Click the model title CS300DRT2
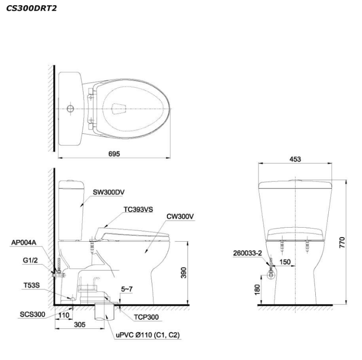(31, 8)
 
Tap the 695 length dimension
(114, 154)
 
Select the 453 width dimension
(295, 159)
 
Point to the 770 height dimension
(342, 243)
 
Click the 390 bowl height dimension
(184, 273)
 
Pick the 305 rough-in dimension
(80, 324)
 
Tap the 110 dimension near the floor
(64, 315)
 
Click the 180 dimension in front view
(257, 289)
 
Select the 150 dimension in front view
(285, 262)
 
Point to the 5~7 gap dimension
(127, 289)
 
